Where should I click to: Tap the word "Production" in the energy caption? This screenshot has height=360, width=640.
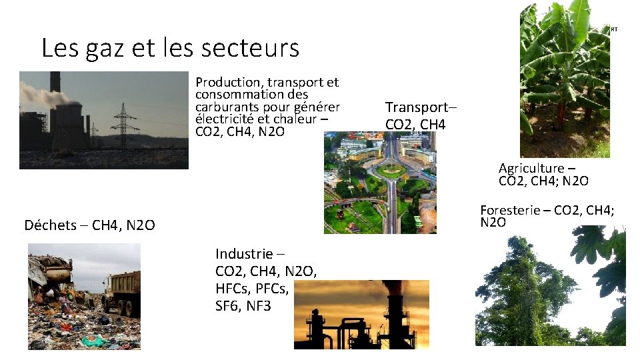(x=228, y=82)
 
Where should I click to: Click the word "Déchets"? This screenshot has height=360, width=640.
(x=50, y=225)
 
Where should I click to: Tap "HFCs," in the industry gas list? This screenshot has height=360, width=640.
(x=234, y=289)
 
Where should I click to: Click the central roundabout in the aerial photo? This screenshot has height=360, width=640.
(x=390, y=170)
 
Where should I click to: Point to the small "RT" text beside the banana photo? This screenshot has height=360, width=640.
(x=613, y=30)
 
